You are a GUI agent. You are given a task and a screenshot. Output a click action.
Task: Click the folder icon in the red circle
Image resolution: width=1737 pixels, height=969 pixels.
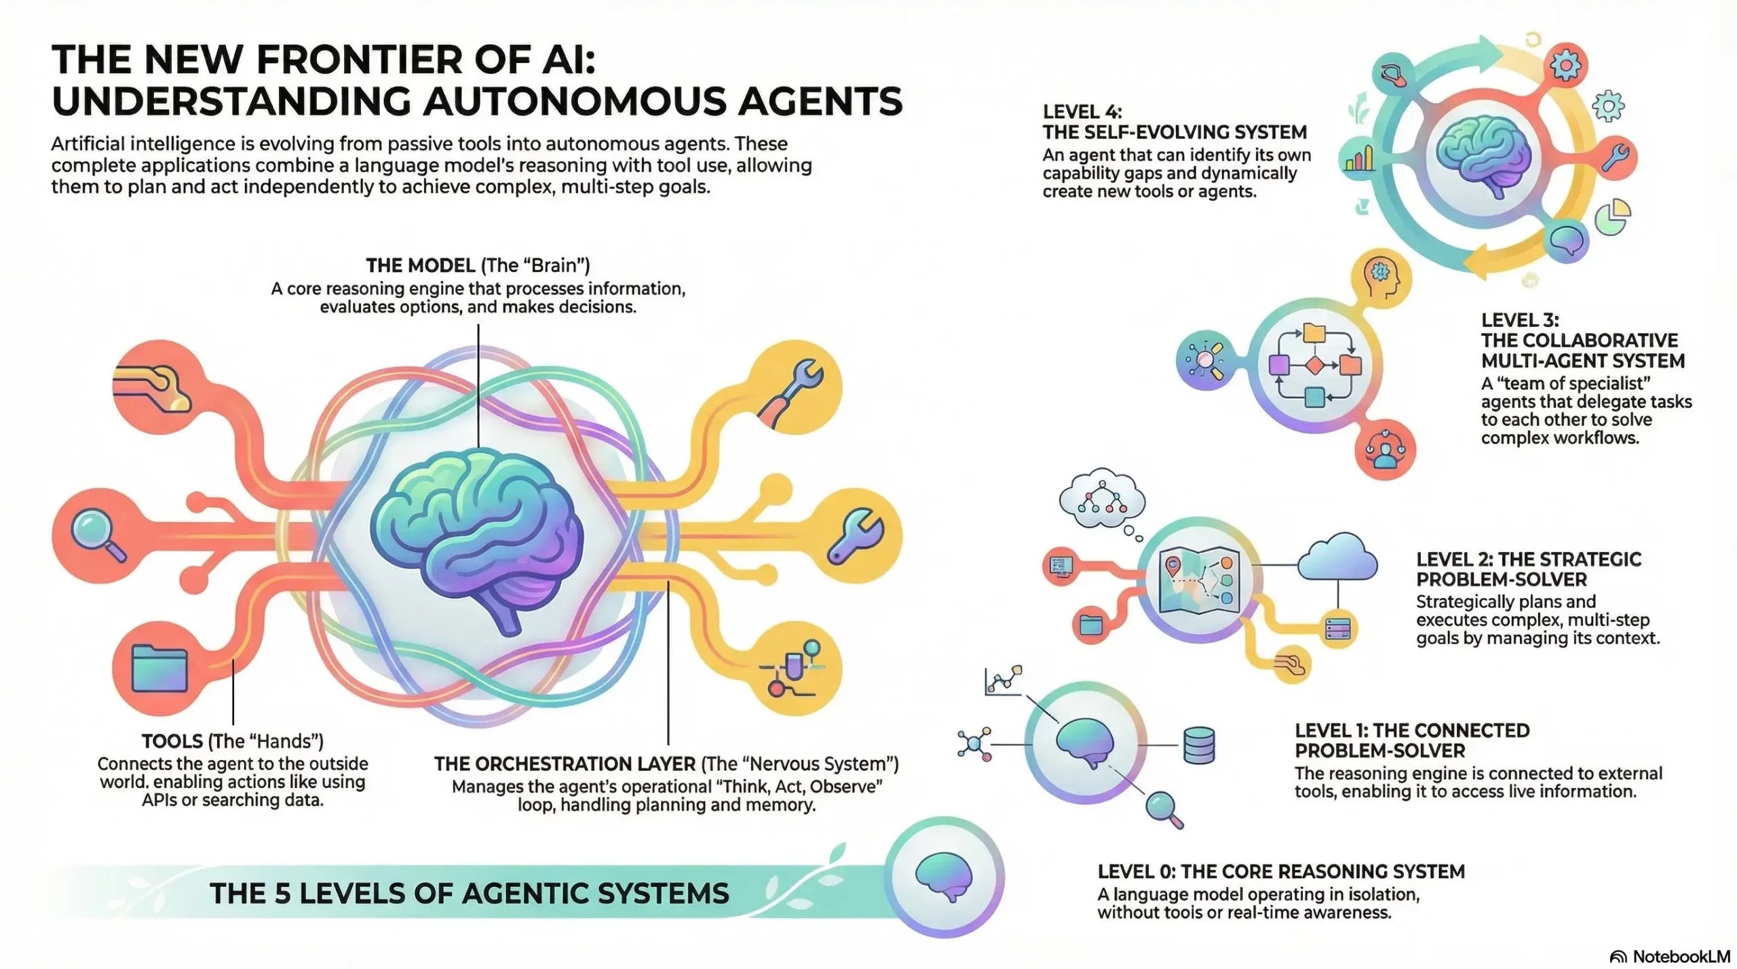tap(159, 668)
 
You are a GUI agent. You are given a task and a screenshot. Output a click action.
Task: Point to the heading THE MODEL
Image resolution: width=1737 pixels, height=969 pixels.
tap(420, 265)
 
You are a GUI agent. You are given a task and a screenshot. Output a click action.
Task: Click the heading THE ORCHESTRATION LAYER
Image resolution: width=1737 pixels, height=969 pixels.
tap(565, 764)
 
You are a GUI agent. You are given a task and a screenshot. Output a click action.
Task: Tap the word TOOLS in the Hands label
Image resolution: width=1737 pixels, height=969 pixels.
tap(172, 741)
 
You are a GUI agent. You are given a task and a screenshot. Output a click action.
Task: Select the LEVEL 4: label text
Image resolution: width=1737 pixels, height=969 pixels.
tap(1082, 112)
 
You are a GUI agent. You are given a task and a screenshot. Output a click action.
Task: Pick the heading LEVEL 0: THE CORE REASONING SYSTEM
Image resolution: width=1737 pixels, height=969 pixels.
tap(1281, 871)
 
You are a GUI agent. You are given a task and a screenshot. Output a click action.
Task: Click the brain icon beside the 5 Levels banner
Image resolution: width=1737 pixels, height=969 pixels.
tap(943, 877)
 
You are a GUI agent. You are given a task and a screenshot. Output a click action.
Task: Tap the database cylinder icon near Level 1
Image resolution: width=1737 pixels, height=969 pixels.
tap(1199, 745)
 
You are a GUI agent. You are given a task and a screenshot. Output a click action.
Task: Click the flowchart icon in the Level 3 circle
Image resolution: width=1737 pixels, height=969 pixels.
tap(1314, 366)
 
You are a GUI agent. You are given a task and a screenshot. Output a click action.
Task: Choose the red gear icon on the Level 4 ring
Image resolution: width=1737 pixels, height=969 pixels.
tap(1565, 66)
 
